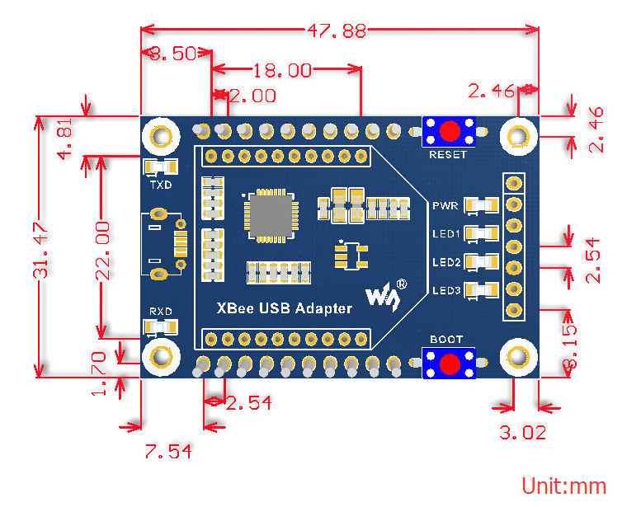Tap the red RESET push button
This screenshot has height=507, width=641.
[x=449, y=130]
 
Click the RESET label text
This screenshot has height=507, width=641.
[x=448, y=154]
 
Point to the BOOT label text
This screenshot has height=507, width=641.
[x=446, y=340]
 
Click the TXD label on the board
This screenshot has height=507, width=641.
[x=161, y=185]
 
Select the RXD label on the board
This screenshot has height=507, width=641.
[x=161, y=312]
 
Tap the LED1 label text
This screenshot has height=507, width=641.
[x=446, y=233]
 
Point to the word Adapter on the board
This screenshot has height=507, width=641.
[x=321, y=309]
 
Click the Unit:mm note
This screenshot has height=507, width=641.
[x=563, y=486]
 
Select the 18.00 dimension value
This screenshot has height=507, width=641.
[x=282, y=71]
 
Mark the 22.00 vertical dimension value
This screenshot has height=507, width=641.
[x=101, y=249]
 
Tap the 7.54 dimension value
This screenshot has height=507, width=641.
[x=170, y=452]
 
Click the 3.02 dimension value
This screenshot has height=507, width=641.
[x=522, y=432]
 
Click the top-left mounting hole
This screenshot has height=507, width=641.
[x=162, y=134]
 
